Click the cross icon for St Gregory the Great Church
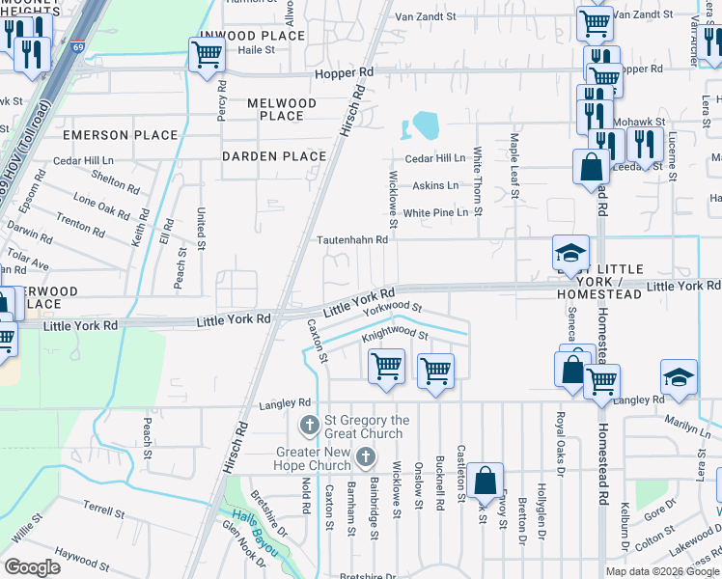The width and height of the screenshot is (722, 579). pyautogui.click(x=310, y=425)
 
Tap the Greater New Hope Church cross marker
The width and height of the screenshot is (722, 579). pyautogui.click(x=366, y=456)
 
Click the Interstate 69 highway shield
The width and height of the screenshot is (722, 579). pyautogui.click(x=76, y=45)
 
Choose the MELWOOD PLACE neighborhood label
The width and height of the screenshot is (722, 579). pyautogui.click(x=282, y=109)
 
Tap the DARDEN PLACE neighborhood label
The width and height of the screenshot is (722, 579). pyautogui.click(x=274, y=156)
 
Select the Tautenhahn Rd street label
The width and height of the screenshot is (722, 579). pyautogui.click(x=353, y=239)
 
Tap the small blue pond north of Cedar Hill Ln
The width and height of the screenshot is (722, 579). pyautogui.click(x=424, y=125)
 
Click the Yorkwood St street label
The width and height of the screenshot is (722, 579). pyautogui.click(x=393, y=309)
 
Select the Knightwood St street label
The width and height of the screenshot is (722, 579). pyautogui.click(x=395, y=336)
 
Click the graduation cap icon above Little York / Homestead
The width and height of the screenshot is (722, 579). pyautogui.click(x=570, y=253)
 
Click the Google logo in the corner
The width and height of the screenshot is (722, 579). pyautogui.click(x=32, y=567)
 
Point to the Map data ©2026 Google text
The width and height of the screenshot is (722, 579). pyautogui.click(x=661, y=571)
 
